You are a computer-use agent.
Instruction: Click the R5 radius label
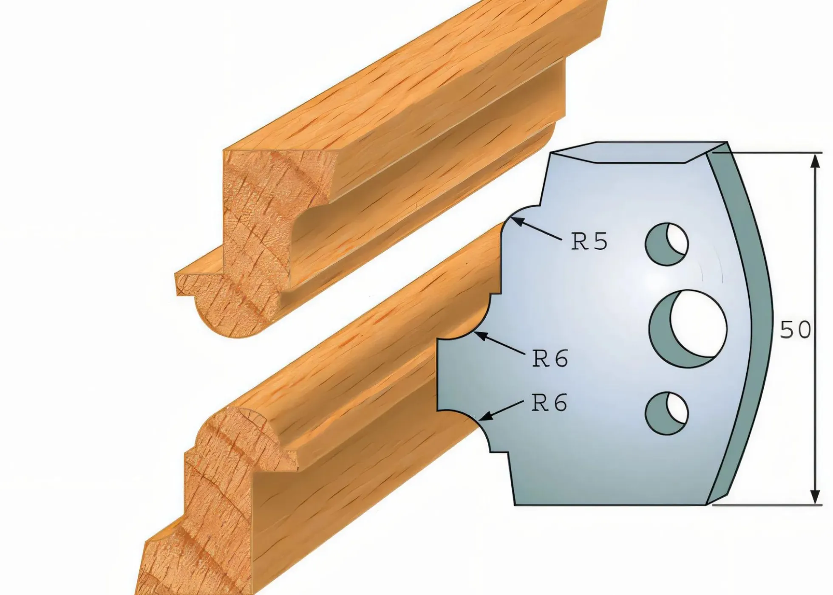point(589,242)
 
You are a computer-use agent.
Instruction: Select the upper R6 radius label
point(550,359)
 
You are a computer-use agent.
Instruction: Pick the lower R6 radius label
point(550,403)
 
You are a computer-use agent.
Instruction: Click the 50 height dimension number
point(795,330)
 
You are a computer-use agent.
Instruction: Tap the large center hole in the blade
point(688,329)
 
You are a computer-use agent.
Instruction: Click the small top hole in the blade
point(666,244)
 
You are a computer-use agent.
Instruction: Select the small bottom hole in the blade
point(666,413)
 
